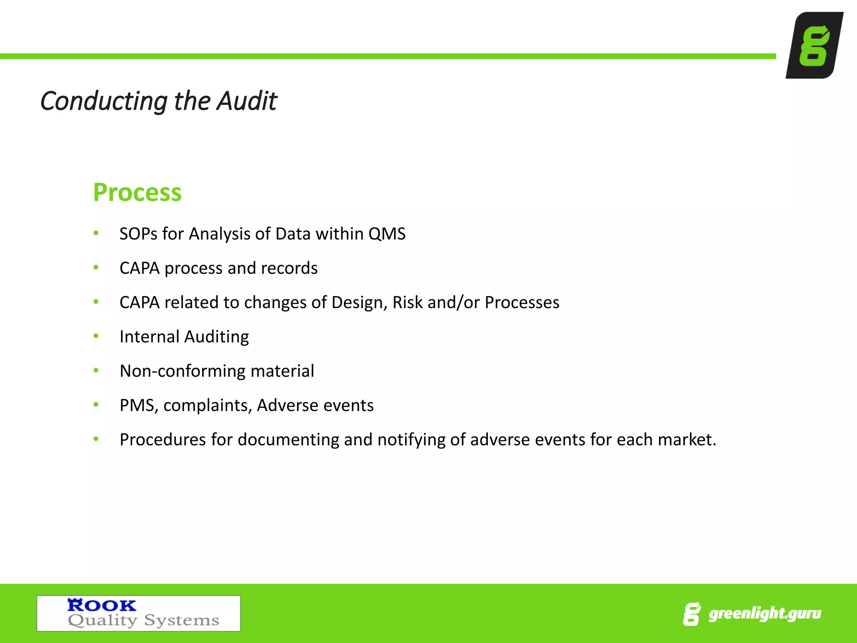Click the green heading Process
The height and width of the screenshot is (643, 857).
[137, 193]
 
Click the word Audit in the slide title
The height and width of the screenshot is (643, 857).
[246, 101]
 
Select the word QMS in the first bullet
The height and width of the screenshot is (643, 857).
[387, 234]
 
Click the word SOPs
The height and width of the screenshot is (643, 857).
[139, 234]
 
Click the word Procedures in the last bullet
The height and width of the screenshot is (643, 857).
[163, 440]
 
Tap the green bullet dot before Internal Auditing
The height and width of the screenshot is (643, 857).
[96, 336]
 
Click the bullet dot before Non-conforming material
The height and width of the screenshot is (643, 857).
[96, 370]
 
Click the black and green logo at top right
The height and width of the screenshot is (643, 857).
[814, 45]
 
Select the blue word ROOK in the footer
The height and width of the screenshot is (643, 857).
[102, 605]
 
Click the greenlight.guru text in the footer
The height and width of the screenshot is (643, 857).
[765, 614]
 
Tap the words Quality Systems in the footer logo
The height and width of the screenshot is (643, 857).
[144, 620]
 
